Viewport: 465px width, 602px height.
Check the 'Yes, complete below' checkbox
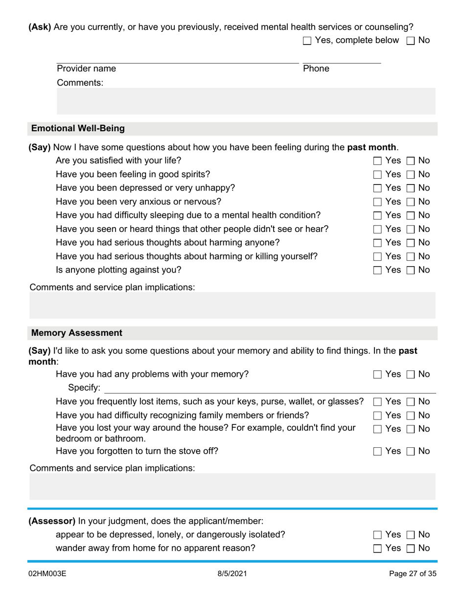click(307, 41)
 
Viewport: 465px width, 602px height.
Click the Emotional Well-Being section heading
click(78, 129)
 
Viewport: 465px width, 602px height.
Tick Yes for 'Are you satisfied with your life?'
click(377, 161)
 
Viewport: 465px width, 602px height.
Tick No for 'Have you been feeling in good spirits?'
click(411, 175)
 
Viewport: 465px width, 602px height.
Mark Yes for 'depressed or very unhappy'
click(377, 188)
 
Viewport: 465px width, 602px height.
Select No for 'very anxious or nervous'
click(411, 202)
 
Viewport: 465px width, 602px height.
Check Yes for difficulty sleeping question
click(377, 216)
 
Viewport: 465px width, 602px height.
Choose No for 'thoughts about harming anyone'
click(411, 243)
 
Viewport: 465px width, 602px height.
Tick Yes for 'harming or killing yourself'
click(377, 257)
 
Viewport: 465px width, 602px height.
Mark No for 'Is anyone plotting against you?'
click(411, 271)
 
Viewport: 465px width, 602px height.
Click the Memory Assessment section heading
click(77, 333)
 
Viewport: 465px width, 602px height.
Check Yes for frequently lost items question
click(377, 402)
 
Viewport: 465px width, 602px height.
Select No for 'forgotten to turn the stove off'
click(411, 452)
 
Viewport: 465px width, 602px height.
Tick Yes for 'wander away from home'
click(377, 549)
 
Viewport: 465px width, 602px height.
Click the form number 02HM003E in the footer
click(47, 574)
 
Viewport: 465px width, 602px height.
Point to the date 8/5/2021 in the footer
click(232, 574)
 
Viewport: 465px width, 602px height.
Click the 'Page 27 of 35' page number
click(412, 574)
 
